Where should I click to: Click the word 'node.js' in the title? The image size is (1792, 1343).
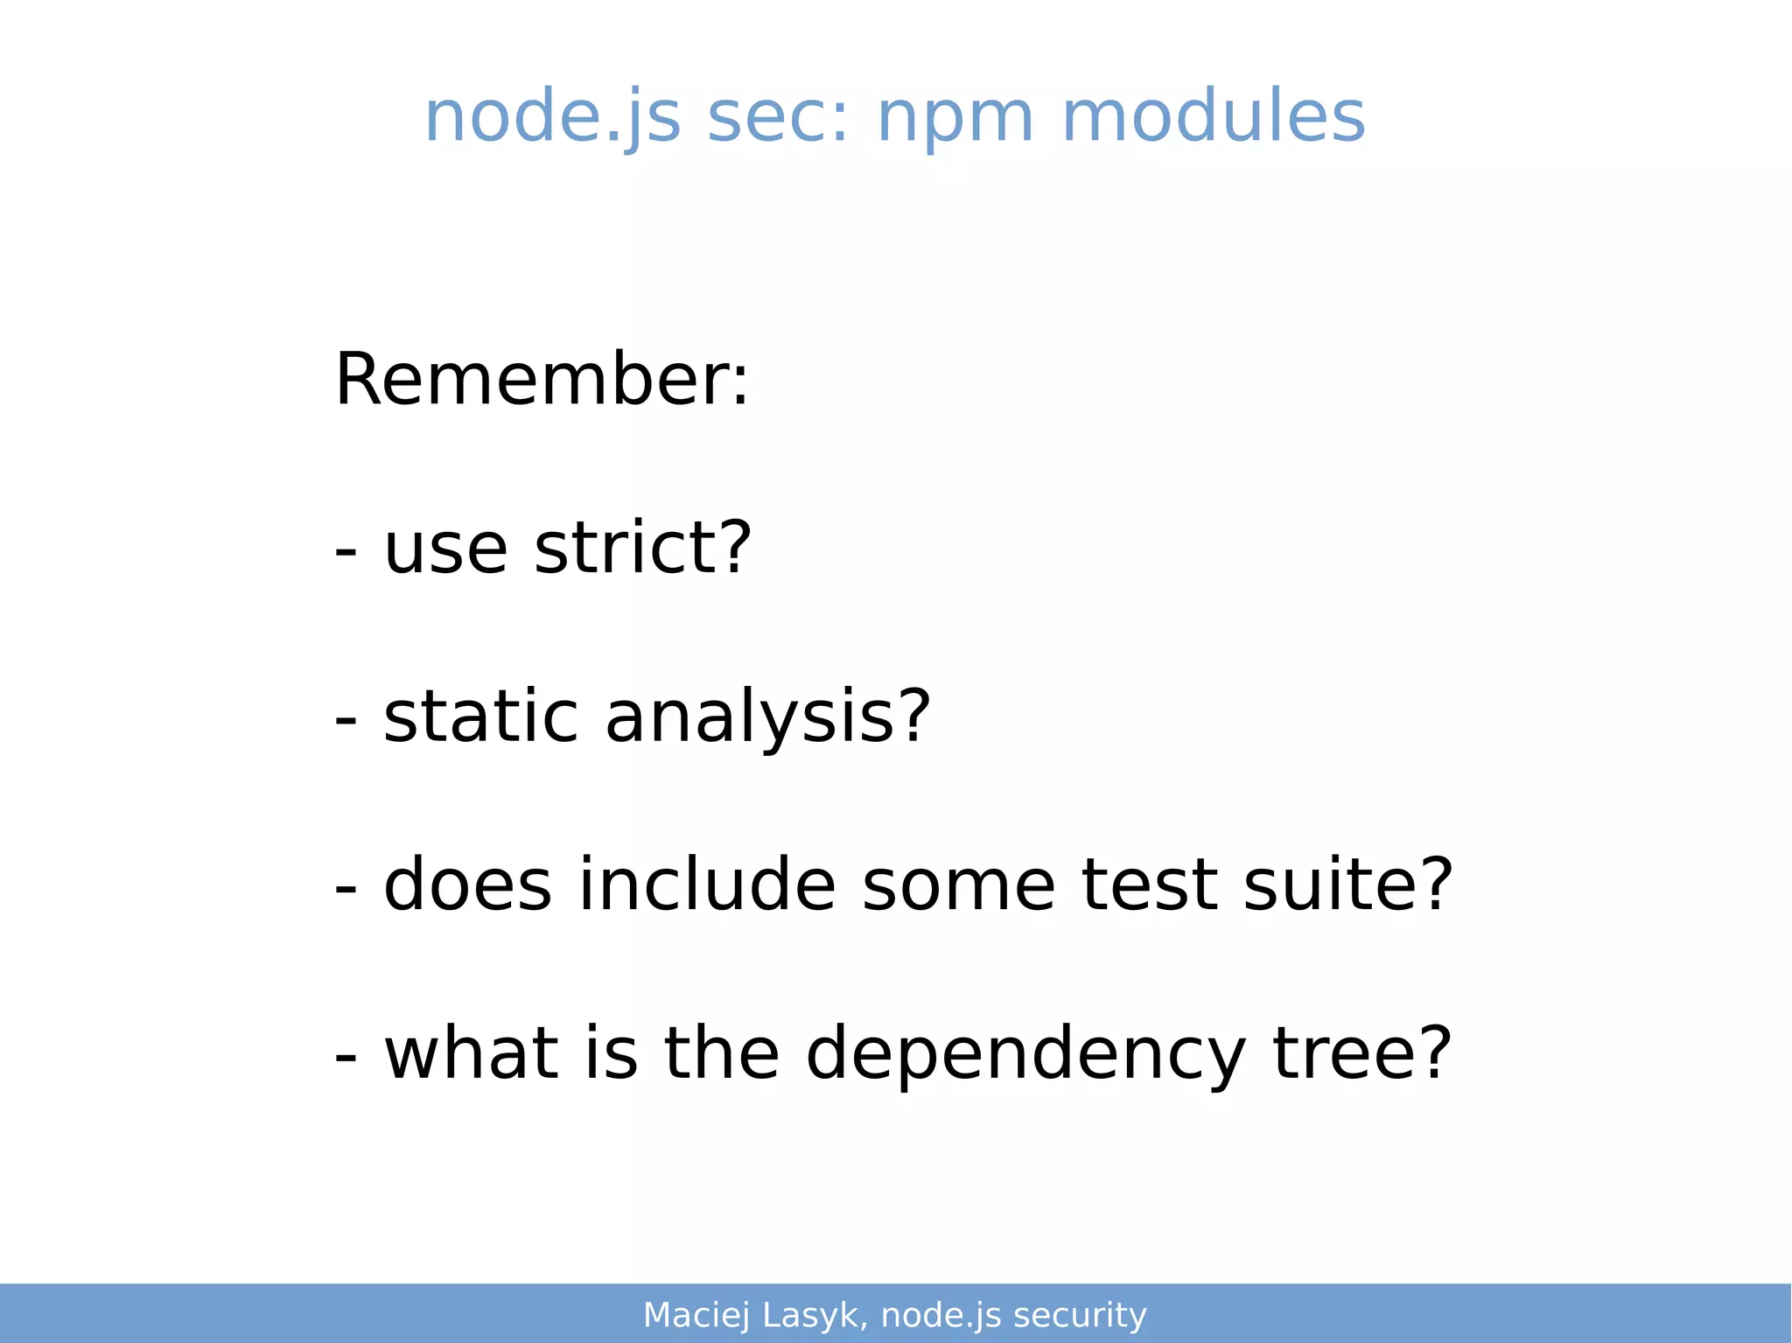552,116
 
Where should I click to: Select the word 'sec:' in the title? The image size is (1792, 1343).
778,116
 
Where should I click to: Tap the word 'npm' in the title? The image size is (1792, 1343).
956,116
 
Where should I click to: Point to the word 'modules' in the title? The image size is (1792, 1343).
1213,116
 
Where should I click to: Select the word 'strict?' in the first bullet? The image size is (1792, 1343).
642,548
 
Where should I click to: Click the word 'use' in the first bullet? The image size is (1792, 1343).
445,549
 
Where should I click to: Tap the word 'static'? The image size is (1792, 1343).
480,717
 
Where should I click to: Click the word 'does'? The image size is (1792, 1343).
468,885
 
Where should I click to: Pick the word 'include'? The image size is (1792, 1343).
707,885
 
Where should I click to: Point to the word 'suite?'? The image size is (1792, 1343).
1348,885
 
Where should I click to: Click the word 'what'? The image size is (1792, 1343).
472,1053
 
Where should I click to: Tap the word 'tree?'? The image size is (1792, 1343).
1361,1053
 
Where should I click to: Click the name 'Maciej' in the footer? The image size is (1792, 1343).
696,1315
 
